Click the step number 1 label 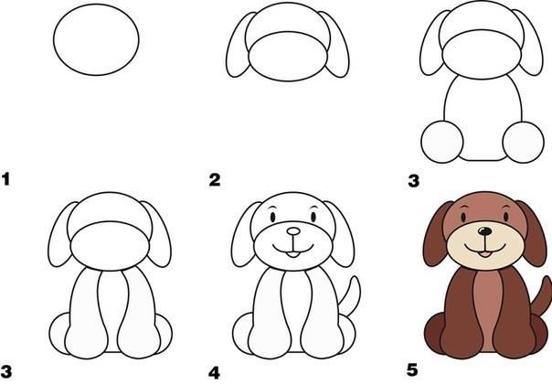point(7,179)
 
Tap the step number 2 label point(215,179)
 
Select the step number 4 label point(215,372)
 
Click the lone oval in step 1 point(97,42)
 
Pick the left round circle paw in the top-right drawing point(443,140)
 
